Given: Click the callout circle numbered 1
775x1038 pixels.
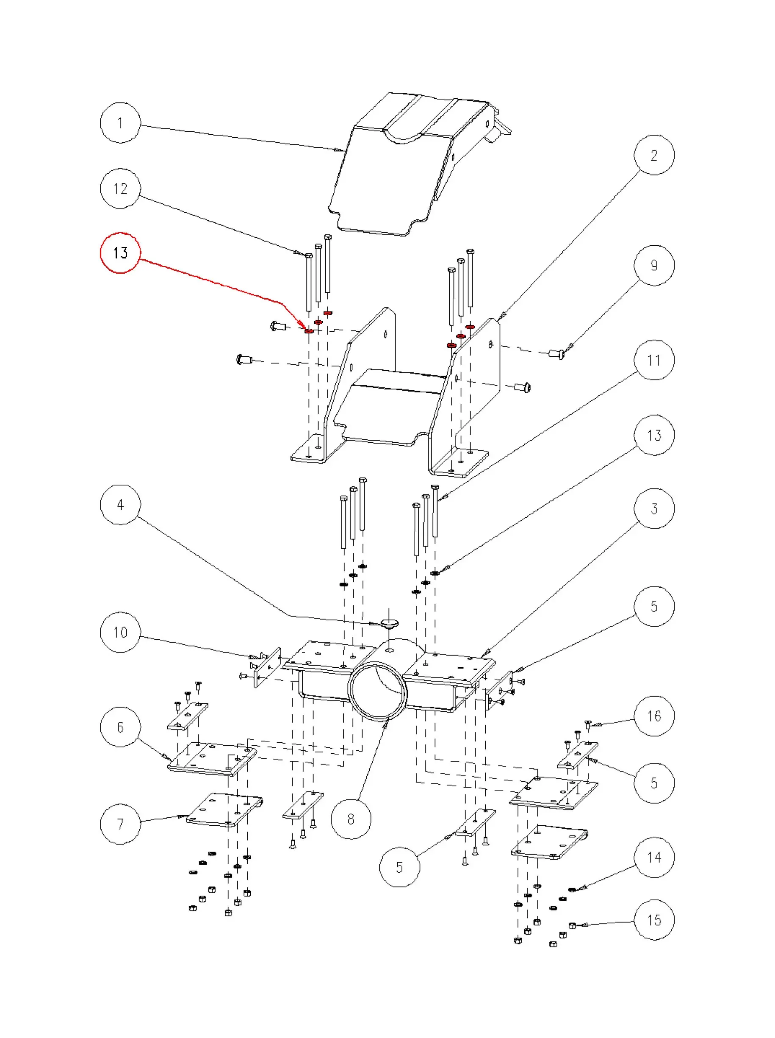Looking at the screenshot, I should (x=120, y=123).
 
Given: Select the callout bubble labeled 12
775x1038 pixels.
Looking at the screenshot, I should (x=120, y=189).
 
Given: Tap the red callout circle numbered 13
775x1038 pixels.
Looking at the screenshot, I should (x=120, y=253).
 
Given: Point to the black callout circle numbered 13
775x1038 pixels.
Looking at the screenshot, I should (x=654, y=436).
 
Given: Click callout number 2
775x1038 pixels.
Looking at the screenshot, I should (x=654, y=155).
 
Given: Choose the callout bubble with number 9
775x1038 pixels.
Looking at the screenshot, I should (x=654, y=266).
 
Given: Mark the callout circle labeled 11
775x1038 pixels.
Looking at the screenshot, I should (x=654, y=361).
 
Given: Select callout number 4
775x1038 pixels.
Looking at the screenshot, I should (x=120, y=505).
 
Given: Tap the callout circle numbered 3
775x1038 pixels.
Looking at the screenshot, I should (x=654, y=509).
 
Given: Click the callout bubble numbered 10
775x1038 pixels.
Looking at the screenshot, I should (x=120, y=633).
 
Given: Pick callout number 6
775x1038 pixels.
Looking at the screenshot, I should (x=120, y=728).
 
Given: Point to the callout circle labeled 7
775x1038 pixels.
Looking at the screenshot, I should (x=120, y=824).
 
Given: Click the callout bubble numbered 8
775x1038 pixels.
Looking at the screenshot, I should (x=351, y=819).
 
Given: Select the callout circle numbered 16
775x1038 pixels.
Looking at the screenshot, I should (x=654, y=716).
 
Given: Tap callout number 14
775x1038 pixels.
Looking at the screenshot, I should (x=654, y=858).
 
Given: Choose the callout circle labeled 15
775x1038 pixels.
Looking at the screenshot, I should (x=654, y=920).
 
